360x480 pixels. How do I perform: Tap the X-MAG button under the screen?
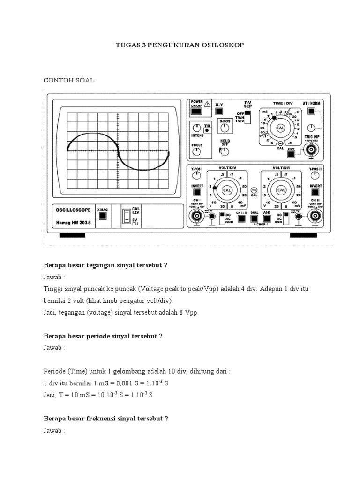(102, 216)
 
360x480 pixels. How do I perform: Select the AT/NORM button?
(311, 112)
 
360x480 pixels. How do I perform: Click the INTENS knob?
(197, 127)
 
